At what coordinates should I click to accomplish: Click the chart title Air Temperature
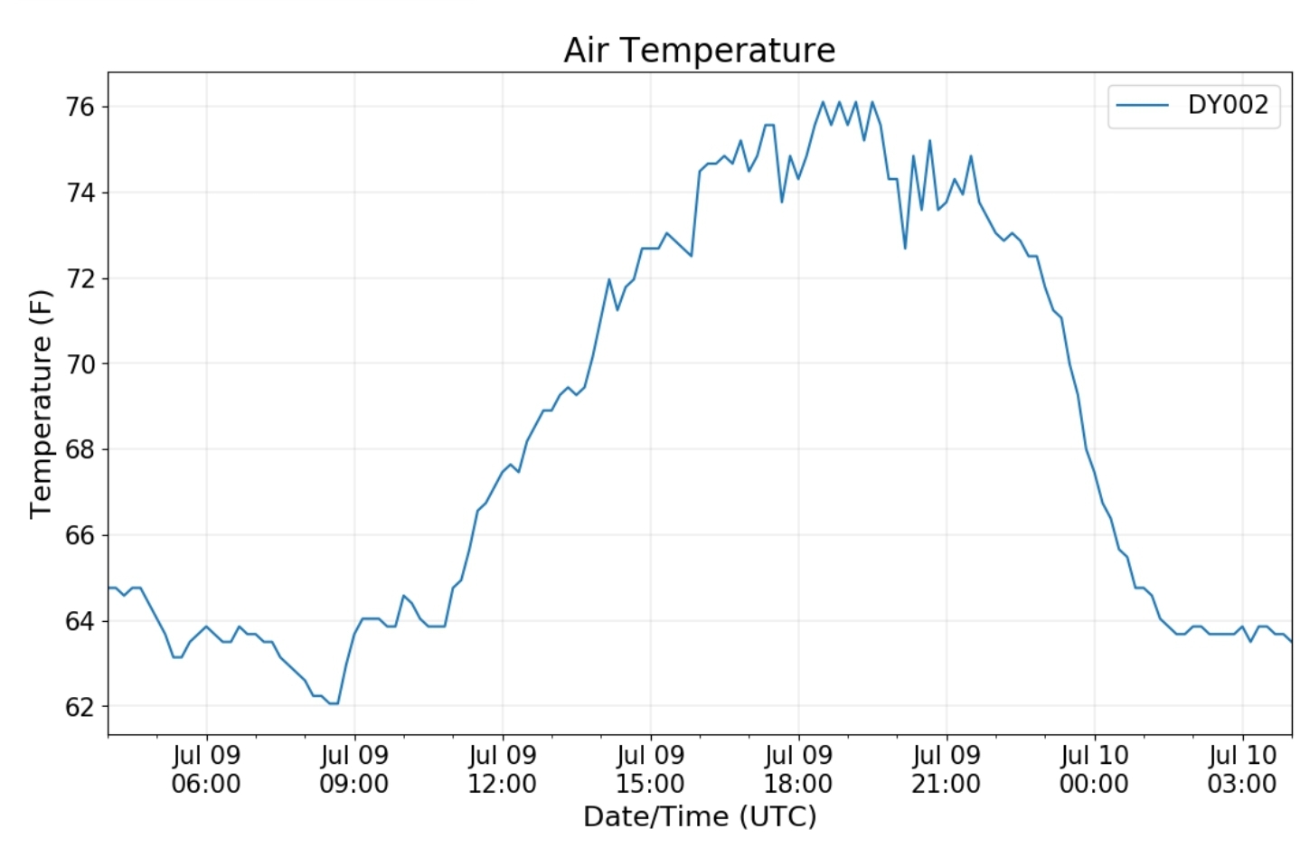point(699,50)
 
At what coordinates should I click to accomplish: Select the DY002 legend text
point(1228,105)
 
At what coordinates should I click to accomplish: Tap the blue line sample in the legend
point(1143,105)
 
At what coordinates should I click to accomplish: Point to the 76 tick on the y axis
point(80,107)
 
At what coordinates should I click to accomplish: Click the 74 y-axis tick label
point(80,193)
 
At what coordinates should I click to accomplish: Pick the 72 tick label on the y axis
point(80,278)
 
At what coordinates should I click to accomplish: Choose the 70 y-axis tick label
point(80,364)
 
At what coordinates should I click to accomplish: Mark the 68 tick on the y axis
point(80,449)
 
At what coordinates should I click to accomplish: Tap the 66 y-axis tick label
point(80,535)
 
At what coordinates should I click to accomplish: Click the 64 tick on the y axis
point(80,621)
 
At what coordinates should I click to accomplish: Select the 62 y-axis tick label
point(80,707)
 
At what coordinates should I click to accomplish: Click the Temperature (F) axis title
point(41,403)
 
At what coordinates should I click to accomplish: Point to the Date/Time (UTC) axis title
point(700,816)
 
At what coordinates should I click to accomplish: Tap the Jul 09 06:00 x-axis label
point(206,769)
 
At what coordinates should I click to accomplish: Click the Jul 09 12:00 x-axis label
point(502,769)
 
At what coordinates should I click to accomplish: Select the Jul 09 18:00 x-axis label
point(798,769)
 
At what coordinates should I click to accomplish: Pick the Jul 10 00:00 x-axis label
point(1094,769)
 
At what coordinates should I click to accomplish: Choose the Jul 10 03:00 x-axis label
point(1242,769)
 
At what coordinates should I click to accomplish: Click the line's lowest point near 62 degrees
point(334,703)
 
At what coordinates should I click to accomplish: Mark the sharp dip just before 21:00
point(905,248)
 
